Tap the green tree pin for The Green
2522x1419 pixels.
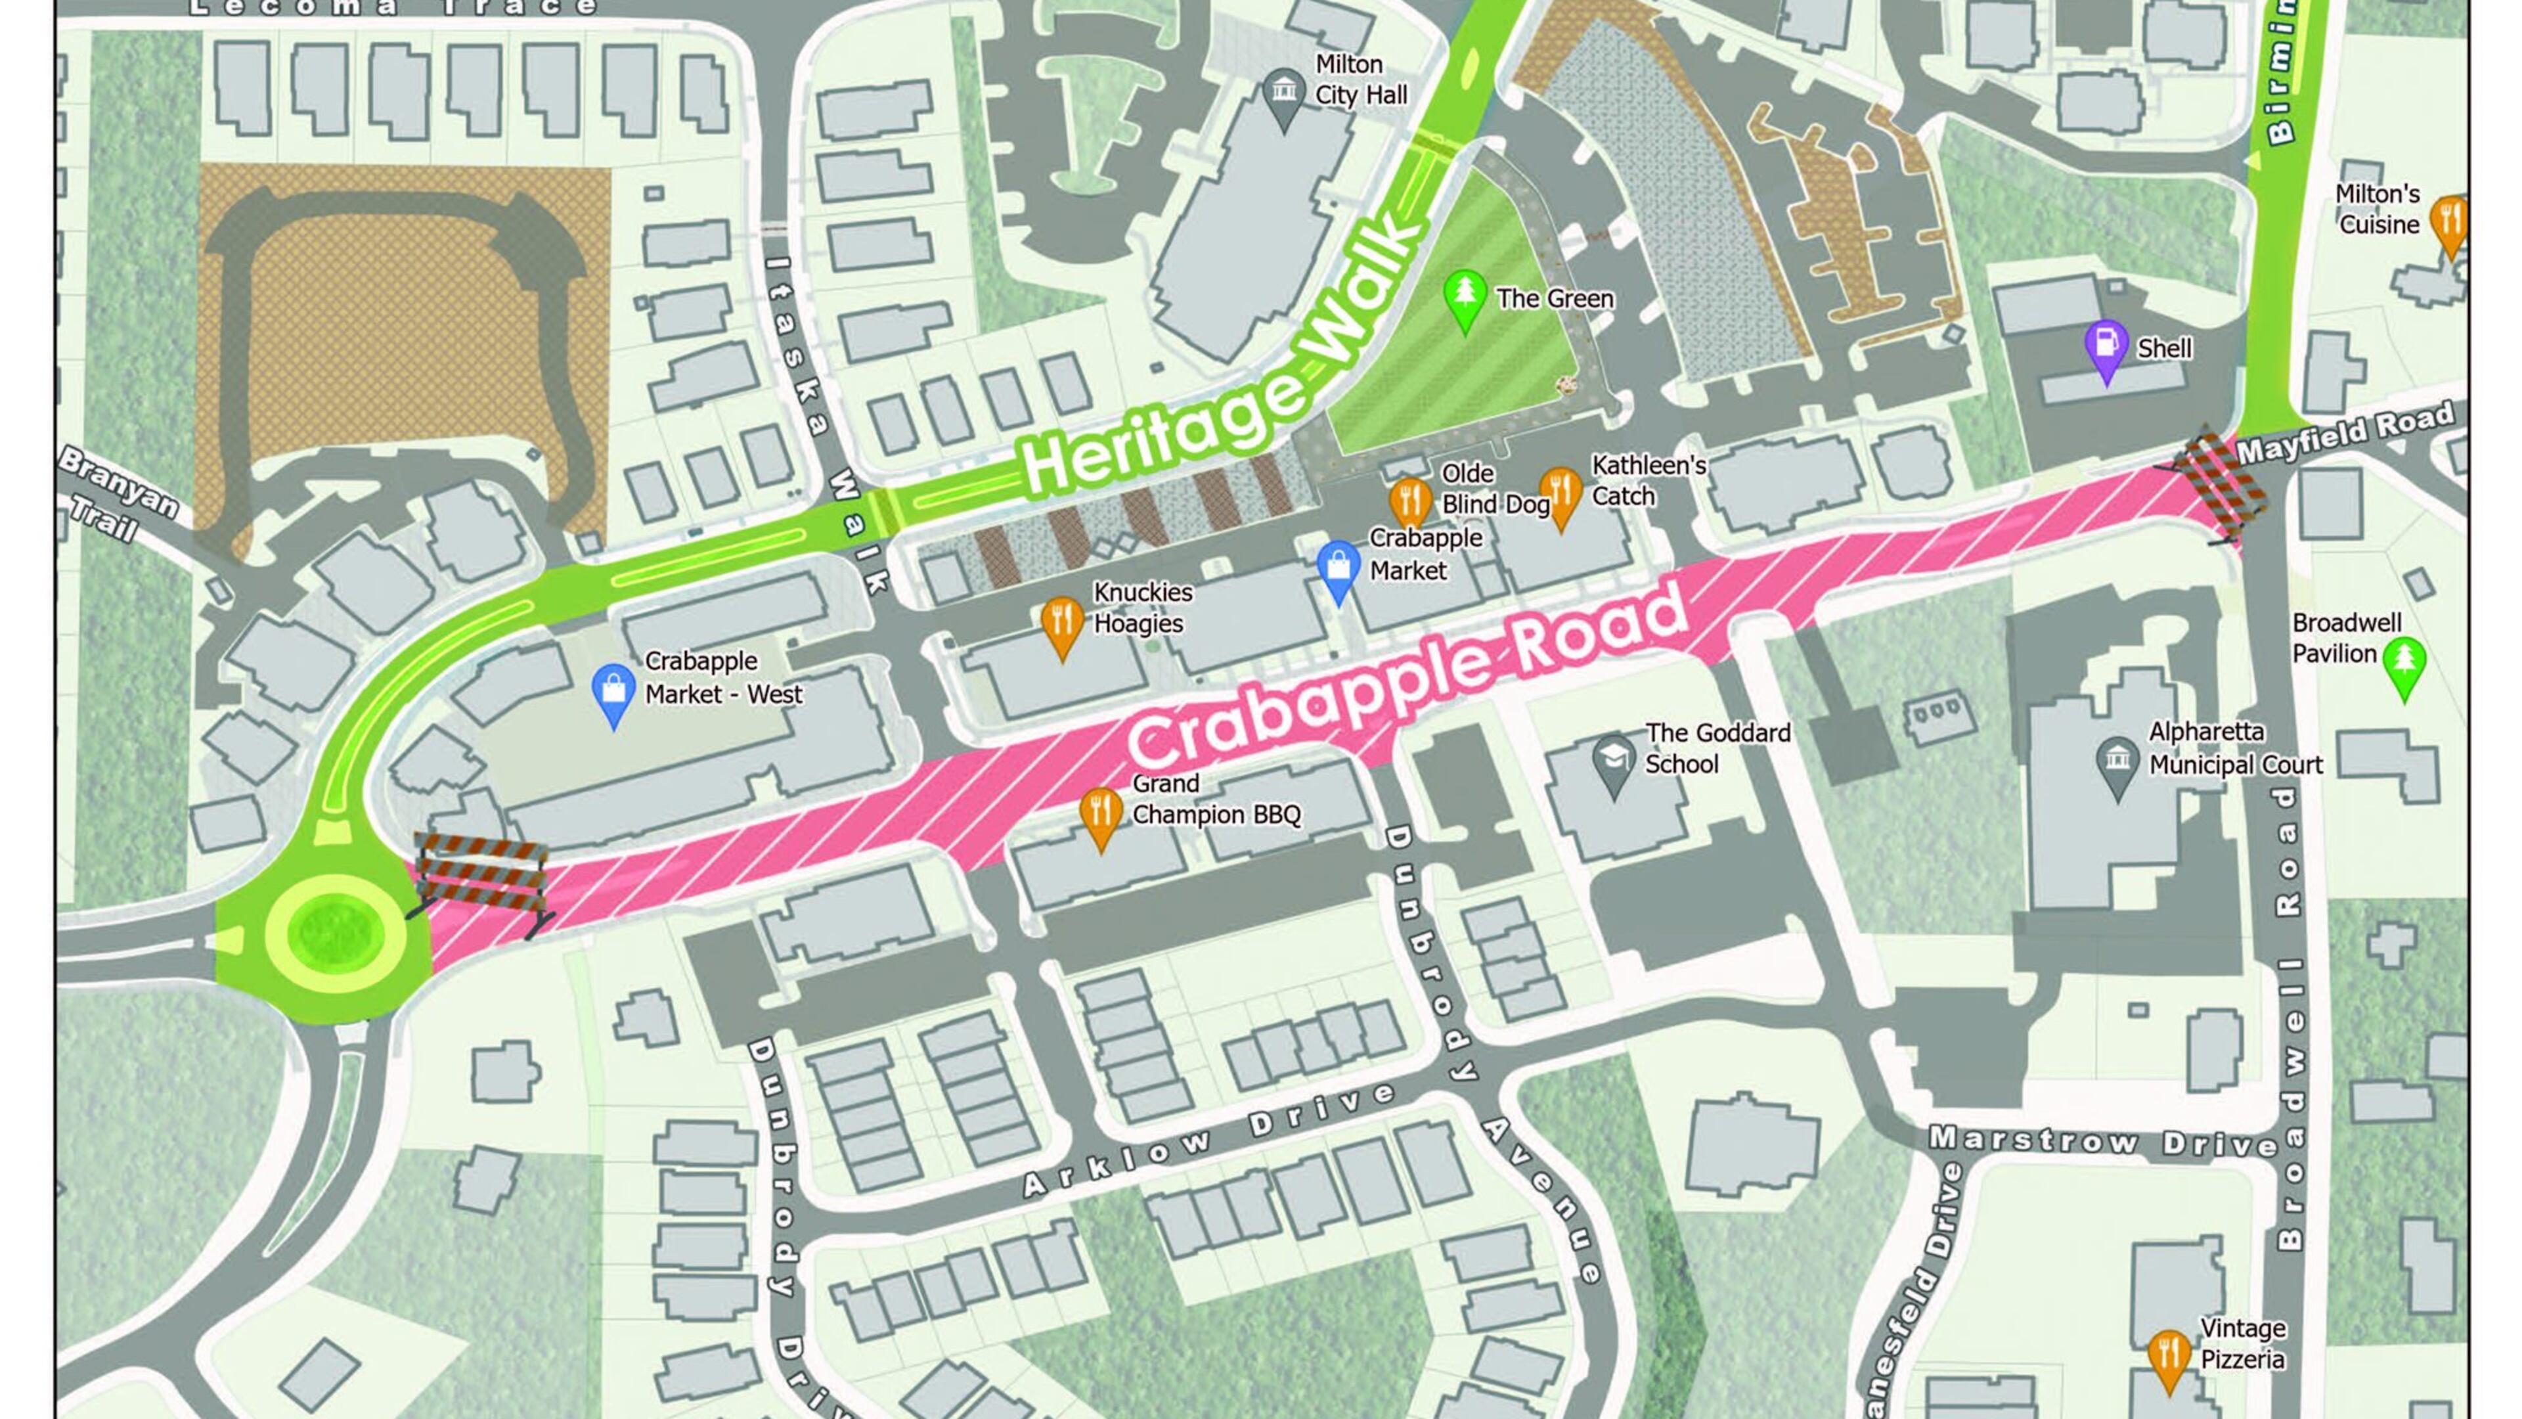[x=1465, y=296]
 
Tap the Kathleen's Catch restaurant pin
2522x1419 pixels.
[x=1560, y=493]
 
